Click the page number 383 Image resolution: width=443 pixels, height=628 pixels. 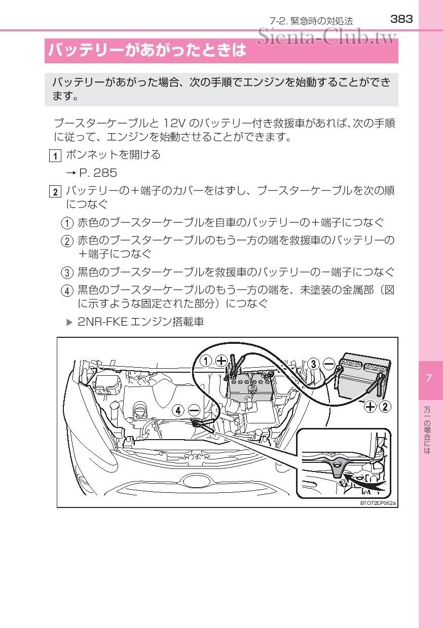pos(402,19)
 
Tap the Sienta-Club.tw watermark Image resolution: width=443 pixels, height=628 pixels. pos(327,36)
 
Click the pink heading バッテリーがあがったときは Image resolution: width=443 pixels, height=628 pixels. pos(147,51)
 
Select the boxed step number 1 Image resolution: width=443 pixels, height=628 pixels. pos(55,155)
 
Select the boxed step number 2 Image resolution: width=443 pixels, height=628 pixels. pos(55,192)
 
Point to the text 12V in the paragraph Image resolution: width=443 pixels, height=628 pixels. pos(175,123)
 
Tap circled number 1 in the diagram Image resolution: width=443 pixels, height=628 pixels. pos(205,361)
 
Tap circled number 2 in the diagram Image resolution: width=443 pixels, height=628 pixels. pos(385,406)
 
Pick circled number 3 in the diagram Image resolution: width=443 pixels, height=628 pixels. pos(314,364)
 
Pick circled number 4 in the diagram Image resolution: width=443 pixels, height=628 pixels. pos(178,410)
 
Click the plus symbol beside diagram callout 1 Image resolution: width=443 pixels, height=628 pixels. pos(221,361)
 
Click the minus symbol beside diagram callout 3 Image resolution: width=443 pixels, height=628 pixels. pos(329,364)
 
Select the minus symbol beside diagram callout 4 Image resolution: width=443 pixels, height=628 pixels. pos(194,410)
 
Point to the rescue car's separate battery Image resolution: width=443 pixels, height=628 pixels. pos(363,377)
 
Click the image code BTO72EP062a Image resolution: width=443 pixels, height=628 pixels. pos(378,503)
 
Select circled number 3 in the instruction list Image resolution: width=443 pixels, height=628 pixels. pos(67,273)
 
